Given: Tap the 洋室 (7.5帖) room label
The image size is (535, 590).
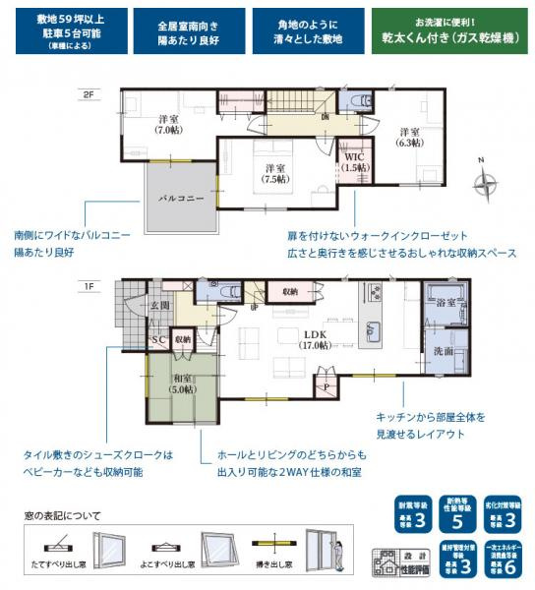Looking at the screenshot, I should click(274, 173).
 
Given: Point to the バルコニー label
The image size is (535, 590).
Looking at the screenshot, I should click(182, 198).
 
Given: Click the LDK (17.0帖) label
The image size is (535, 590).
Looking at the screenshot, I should click(315, 338).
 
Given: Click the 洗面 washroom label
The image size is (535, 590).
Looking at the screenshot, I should click(444, 350).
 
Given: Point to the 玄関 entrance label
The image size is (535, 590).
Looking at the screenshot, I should click(159, 305).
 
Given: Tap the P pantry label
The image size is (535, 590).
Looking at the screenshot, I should click(327, 387).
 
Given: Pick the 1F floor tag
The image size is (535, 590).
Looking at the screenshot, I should click(91, 285).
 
